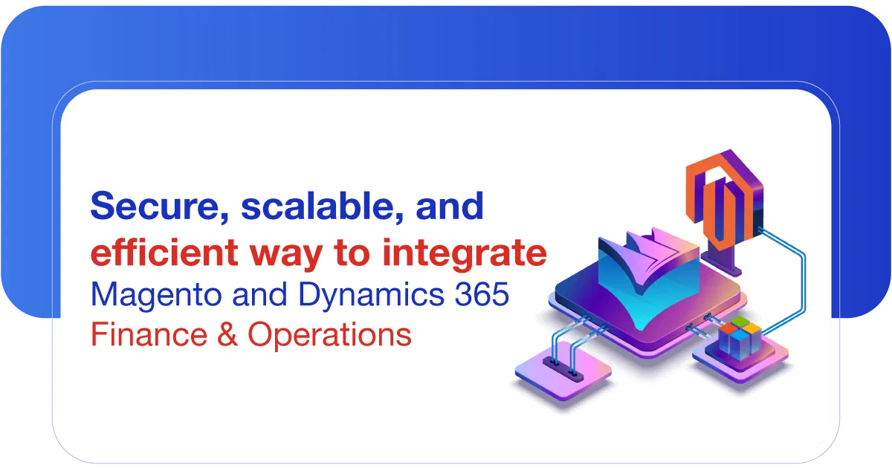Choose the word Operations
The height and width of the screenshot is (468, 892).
(329, 334)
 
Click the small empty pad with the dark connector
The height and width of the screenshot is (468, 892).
(561, 368)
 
